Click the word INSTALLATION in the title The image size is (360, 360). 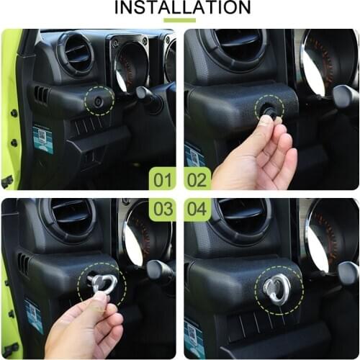click(179, 8)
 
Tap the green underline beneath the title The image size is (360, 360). click(179, 20)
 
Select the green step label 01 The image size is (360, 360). click(162, 178)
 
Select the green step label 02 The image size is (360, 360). click(197, 178)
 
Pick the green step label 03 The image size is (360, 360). click(162, 210)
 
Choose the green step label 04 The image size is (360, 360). click(197, 210)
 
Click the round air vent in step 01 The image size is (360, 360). click(77, 54)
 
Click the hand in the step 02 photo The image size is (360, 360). click(256, 155)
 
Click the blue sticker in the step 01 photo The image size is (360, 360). click(42, 138)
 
